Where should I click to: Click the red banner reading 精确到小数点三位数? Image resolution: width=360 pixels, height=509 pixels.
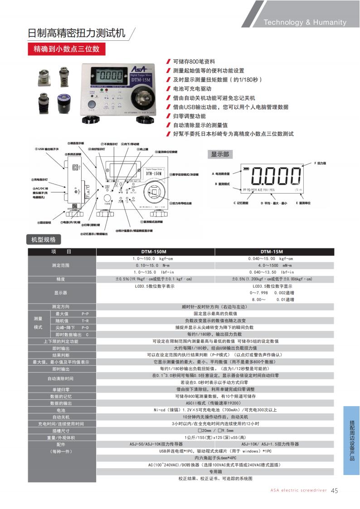(67, 48)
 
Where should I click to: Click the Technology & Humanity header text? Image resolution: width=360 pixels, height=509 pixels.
(305, 22)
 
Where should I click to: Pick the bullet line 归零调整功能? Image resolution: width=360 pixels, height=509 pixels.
(189, 116)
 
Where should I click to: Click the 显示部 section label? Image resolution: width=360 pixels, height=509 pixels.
(220, 155)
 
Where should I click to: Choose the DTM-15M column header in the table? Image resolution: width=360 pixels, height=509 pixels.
(272, 252)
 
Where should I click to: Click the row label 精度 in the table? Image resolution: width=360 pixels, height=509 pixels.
(61, 279)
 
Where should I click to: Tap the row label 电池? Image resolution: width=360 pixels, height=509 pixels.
(61, 410)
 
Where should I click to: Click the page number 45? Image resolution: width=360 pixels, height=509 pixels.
(335, 490)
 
